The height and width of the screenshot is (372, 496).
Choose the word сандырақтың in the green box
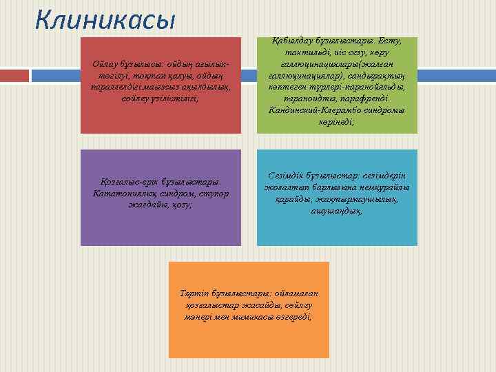(384, 76)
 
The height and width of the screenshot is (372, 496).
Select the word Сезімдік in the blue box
(282, 178)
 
